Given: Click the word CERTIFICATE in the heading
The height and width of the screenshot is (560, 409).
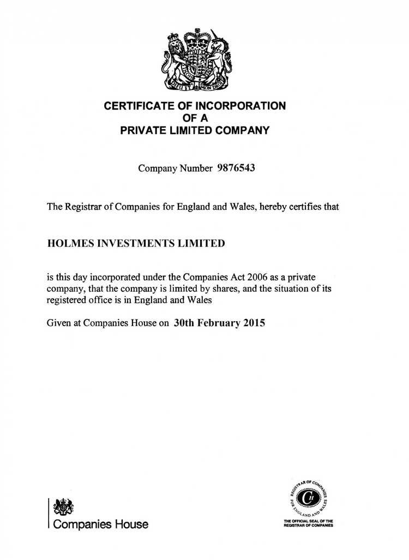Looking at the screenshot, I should point(136,106).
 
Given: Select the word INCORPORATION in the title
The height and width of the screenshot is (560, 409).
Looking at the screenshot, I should point(242,106).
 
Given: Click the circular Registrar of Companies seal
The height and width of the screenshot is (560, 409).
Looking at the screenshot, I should point(308,497).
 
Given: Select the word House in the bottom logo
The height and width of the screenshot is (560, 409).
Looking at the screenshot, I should point(131,525).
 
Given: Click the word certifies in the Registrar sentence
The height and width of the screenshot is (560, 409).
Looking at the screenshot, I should point(308,207).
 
